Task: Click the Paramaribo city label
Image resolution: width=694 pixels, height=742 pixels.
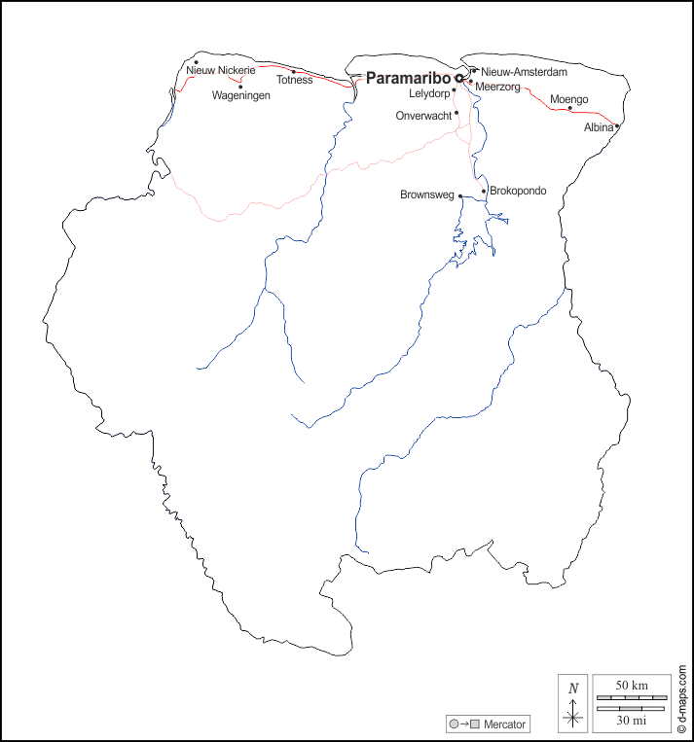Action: (408, 78)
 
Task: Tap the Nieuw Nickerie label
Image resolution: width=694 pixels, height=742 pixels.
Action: (220, 71)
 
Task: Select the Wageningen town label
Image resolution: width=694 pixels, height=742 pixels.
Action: (241, 95)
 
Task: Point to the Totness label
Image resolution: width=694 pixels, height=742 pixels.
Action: (294, 80)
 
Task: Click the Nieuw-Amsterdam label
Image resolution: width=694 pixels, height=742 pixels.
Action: (524, 72)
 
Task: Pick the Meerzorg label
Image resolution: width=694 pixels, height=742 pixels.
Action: (497, 87)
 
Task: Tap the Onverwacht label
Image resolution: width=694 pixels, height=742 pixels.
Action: (423, 116)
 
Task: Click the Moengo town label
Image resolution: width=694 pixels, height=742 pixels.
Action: (568, 99)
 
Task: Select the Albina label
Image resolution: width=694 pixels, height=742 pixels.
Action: (598, 127)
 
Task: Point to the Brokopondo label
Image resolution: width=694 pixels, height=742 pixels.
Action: (518, 191)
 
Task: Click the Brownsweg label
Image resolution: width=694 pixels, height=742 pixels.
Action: (427, 195)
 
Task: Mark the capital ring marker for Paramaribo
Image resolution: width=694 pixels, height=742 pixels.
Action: (458, 78)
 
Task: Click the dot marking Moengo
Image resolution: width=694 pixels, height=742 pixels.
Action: (570, 108)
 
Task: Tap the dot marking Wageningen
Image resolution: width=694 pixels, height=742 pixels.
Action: (240, 87)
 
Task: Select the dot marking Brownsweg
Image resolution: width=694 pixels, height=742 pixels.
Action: (460, 196)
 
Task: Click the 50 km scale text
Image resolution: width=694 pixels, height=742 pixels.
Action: (632, 686)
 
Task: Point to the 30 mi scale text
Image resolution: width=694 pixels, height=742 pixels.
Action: (632, 720)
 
